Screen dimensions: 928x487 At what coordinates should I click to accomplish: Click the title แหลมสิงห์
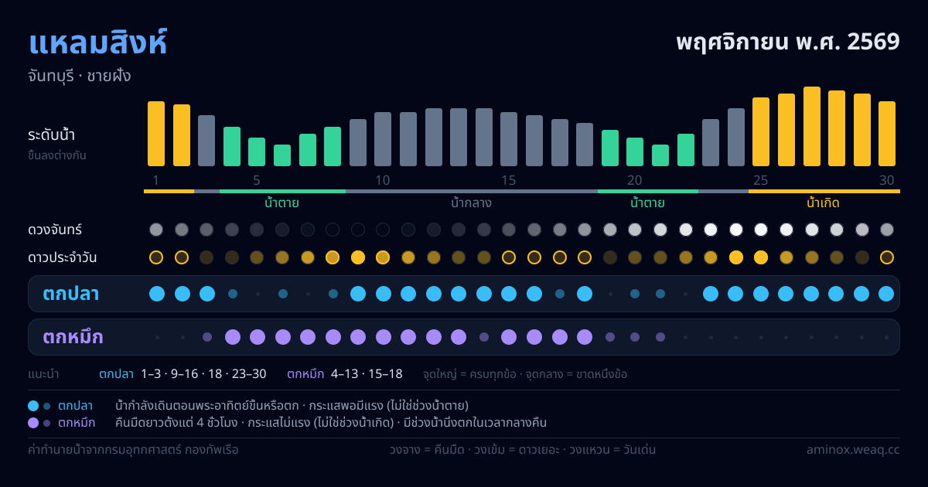click(97, 43)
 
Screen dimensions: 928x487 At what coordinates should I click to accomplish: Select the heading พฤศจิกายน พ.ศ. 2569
click(788, 43)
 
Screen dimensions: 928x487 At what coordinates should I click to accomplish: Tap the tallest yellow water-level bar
click(811, 126)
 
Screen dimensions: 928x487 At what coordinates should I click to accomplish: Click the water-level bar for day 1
click(156, 134)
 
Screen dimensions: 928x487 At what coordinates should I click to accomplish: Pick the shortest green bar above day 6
click(282, 155)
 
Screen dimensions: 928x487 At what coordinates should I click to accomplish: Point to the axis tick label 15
click(509, 181)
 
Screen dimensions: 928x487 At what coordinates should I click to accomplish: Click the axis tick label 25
click(761, 181)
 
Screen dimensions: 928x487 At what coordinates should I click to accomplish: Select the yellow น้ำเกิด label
click(823, 203)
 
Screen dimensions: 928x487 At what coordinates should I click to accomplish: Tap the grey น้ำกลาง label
click(472, 203)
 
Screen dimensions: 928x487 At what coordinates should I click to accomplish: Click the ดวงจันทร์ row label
click(55, 230)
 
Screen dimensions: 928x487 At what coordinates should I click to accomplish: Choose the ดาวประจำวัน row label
click(62, 257)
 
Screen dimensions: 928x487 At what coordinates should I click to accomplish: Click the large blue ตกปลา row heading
click(71, 294)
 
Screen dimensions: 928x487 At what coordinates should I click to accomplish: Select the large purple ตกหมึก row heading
click(73, 337)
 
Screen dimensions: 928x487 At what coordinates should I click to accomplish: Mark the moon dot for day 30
click(886, 230)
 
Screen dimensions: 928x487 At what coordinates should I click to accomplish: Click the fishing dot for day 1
click(156, 294)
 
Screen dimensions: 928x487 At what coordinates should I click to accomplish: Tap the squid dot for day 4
click(233, 337)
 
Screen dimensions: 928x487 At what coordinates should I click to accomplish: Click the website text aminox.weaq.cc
click(853, 450)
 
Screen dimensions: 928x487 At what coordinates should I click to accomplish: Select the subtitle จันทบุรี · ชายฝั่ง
click(80, 77)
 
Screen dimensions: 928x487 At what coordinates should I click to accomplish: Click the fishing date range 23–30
click(249, 374)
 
